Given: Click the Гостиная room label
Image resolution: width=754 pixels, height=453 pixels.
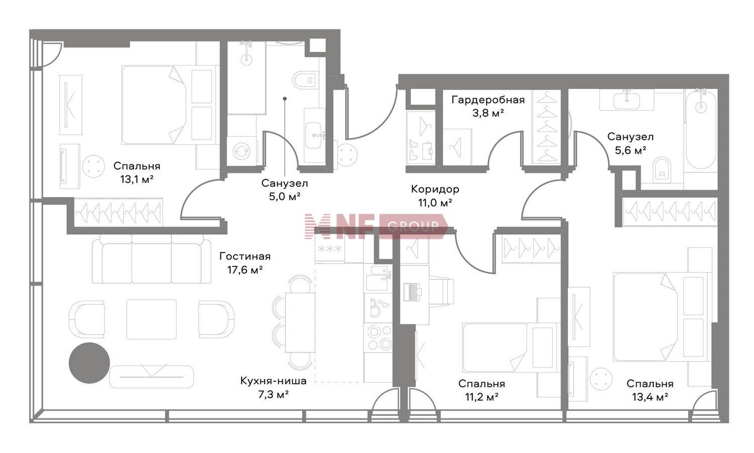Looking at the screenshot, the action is [245, 256].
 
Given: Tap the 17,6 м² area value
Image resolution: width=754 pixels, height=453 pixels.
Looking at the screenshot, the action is [245, 270].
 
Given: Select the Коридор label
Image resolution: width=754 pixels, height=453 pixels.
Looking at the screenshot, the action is [435, 189].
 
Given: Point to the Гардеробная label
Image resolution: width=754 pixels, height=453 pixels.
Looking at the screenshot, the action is [488, 100].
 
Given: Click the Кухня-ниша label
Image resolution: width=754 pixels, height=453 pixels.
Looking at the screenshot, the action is [273, 381].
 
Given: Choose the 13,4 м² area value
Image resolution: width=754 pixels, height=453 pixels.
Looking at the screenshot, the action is [650, 397].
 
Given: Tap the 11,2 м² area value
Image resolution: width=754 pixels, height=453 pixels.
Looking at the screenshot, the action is [482, 397].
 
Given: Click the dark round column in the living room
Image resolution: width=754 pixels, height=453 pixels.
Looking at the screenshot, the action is [89, 363].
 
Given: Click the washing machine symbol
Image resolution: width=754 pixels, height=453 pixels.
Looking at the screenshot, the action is [241, 151].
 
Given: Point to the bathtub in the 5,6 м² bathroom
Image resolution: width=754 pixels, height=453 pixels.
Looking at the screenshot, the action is [701, 130].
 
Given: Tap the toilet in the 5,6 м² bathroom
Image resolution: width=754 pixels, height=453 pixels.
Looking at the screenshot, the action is [662, 170].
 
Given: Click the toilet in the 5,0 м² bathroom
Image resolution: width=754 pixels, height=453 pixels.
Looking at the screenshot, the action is [306, 80].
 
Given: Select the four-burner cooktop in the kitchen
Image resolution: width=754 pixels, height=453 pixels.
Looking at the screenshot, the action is [379, 337].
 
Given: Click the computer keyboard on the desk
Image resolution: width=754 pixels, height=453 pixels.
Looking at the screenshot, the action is [412, 292].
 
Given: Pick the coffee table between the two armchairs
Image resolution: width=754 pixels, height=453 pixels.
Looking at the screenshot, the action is [151, 319].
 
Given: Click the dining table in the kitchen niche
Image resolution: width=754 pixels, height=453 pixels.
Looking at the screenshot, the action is [300, 322].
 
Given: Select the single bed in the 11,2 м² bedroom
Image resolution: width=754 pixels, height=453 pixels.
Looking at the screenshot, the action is [510, 347].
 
